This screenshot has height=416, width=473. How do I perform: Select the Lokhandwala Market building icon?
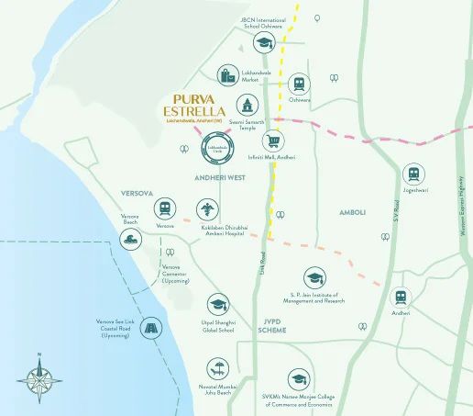pos(226,76)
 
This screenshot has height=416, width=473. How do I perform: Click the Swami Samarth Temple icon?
pos(247,104)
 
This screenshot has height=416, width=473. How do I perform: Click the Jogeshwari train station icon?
pos(414,174)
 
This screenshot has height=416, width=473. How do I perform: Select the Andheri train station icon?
pos(401,297)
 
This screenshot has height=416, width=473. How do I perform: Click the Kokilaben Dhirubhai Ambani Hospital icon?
pos(208,209)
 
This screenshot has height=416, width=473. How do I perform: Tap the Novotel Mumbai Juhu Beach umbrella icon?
pos(218,369)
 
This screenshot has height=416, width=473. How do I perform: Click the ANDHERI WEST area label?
pos(214,176)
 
